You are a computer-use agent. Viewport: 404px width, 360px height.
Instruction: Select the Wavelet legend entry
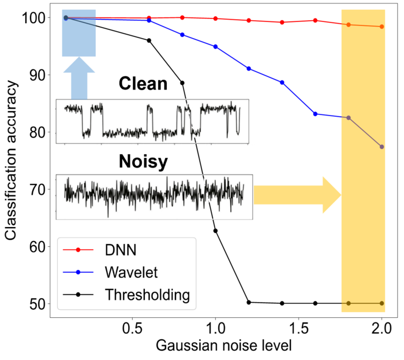[x=129, y=272]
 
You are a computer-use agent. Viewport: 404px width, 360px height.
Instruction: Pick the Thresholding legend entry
[x=148, y=295]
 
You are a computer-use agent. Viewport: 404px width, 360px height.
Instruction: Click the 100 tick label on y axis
[x=39, y=18]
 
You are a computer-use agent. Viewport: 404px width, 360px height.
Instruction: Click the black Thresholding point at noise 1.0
[x=215, y=231]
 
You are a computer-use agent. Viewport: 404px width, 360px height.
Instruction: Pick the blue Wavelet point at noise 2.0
[x=381, y=147]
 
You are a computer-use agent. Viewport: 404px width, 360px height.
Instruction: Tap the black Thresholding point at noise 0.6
[x=149, y=40]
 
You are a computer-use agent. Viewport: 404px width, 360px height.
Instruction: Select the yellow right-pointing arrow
[x=297, y=195]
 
